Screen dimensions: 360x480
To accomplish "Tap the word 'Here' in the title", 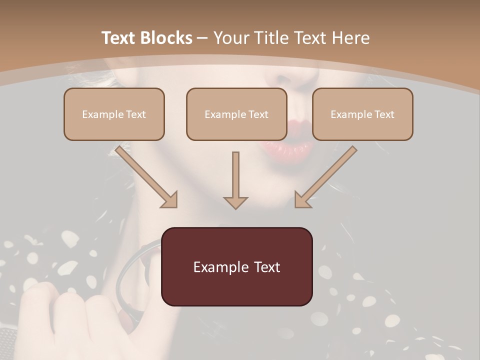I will (351, 38).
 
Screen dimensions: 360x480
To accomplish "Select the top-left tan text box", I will (114, 114).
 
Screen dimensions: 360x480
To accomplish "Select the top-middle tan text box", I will (236, 114).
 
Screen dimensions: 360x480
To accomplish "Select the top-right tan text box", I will (362, 114).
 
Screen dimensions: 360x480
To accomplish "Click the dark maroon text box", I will (236, 266).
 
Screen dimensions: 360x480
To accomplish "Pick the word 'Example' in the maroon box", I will (218, 267).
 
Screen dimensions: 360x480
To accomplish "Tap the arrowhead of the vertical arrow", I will (235, 201).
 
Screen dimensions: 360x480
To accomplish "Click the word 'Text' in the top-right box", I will (383, 114).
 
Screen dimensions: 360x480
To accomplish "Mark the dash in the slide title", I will (202, 38).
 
